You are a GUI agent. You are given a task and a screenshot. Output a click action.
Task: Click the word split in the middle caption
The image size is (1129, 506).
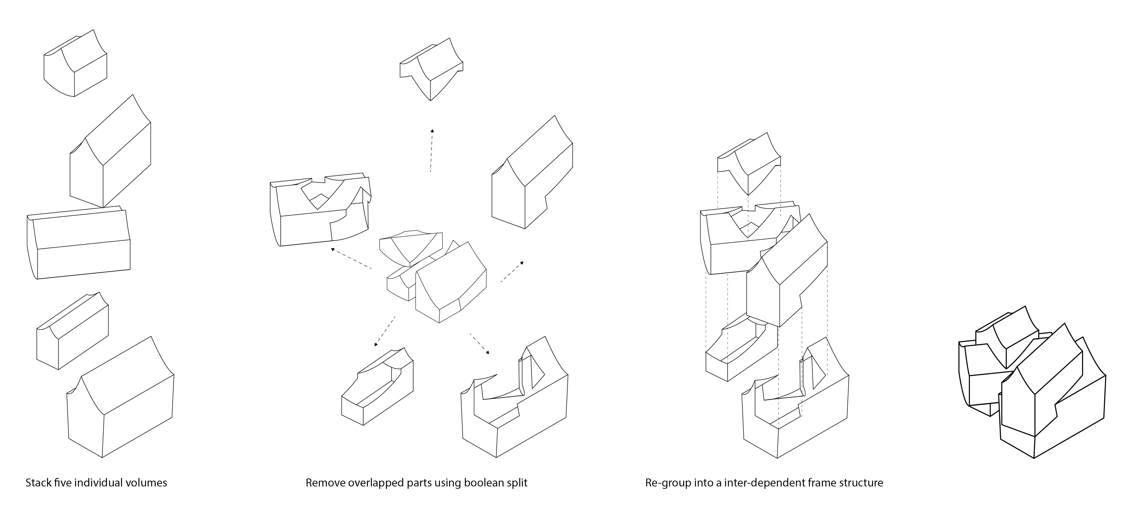(517, 483)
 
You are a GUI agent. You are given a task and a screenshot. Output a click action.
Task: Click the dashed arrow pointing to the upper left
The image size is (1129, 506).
(351, 258)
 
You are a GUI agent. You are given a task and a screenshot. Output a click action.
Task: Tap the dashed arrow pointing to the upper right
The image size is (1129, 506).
(512, 272)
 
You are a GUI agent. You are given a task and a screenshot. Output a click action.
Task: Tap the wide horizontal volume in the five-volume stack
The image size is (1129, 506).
(79, 243)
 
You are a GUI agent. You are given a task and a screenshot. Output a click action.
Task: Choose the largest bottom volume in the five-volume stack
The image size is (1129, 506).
(121, 403)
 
